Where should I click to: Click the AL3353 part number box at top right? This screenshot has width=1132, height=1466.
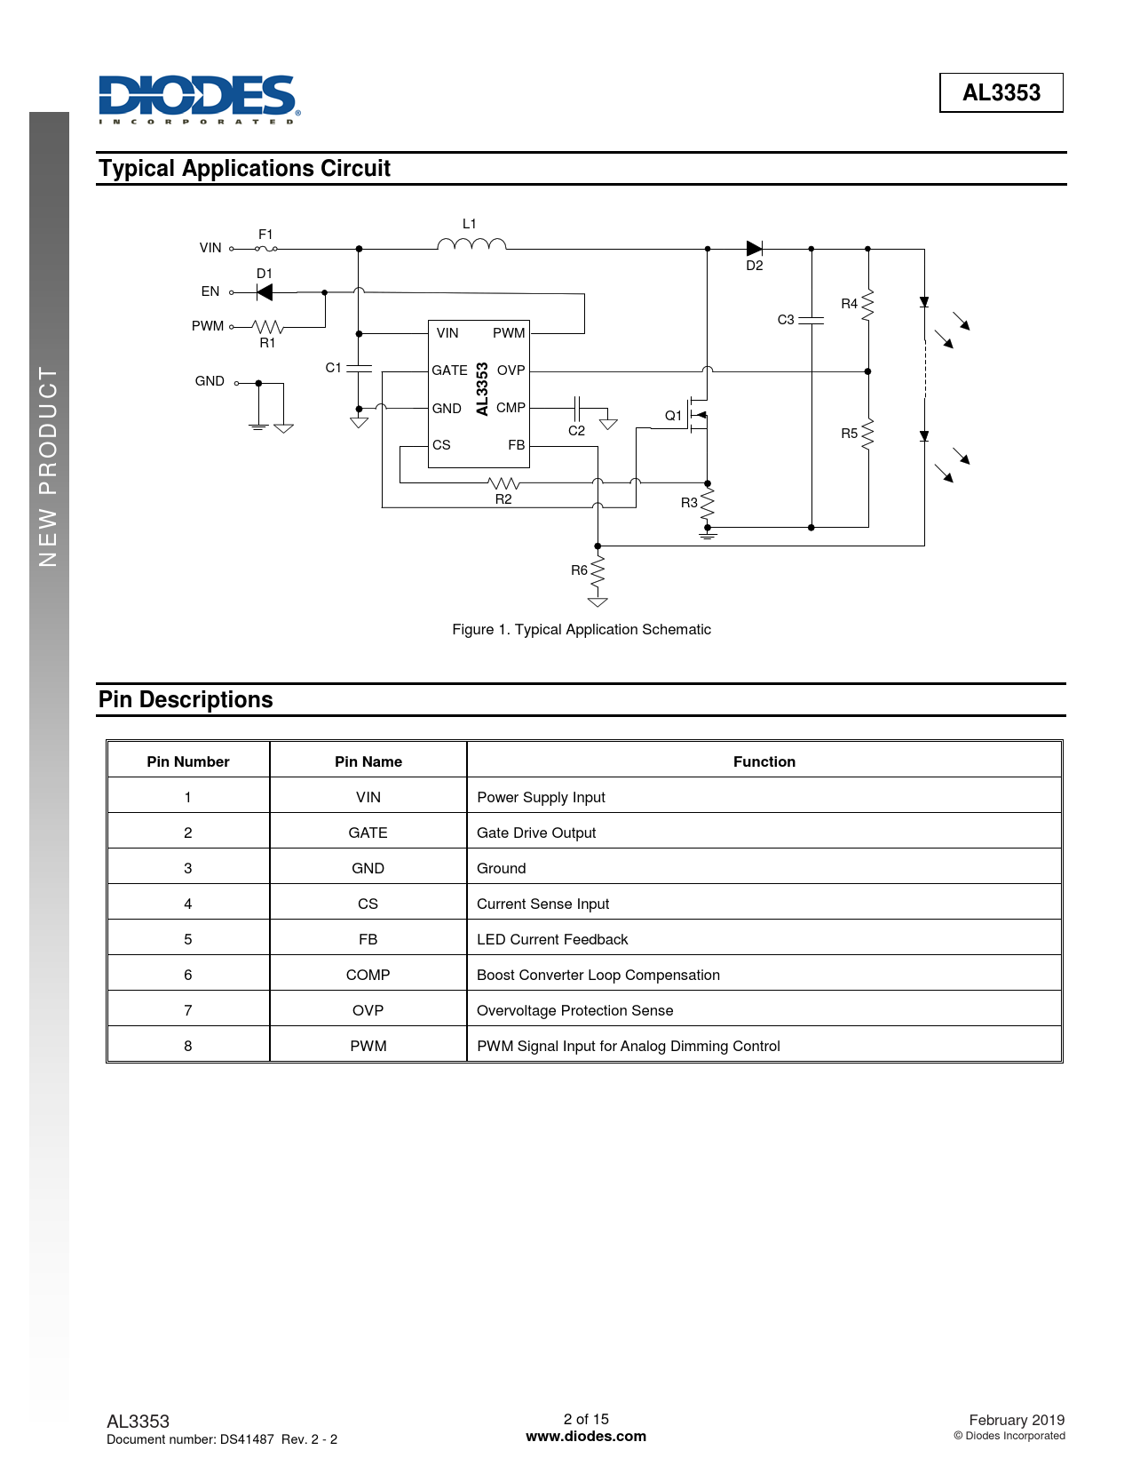(1001, 92)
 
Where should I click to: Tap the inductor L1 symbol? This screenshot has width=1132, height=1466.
(471, 244)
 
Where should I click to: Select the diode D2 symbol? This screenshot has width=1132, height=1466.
(755, 249)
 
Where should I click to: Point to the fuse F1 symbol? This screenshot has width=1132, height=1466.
(266, 249)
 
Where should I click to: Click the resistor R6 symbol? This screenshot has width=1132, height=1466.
(598, 570)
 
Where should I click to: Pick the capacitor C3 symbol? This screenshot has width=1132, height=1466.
(811, 320)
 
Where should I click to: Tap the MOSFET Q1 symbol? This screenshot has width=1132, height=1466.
(697, 415)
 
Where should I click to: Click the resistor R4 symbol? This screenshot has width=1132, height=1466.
(867, 304)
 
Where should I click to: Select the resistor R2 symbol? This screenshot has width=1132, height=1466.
(503, 483)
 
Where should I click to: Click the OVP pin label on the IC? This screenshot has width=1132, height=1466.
(511, 370)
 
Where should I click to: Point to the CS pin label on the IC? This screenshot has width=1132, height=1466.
(441, 445)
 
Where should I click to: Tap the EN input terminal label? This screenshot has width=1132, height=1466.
(210, 291)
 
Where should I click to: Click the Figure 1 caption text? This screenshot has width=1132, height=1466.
(582, 629)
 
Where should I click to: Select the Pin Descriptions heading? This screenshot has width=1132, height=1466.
(186, 700)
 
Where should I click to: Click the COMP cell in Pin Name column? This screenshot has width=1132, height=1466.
(368, 975)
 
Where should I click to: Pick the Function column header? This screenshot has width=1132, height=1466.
(764, 761)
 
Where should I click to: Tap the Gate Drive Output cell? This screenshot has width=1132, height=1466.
(536, 833)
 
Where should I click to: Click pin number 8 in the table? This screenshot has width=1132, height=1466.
(188, 1046)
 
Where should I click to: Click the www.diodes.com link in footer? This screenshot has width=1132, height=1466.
(586, 1436)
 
